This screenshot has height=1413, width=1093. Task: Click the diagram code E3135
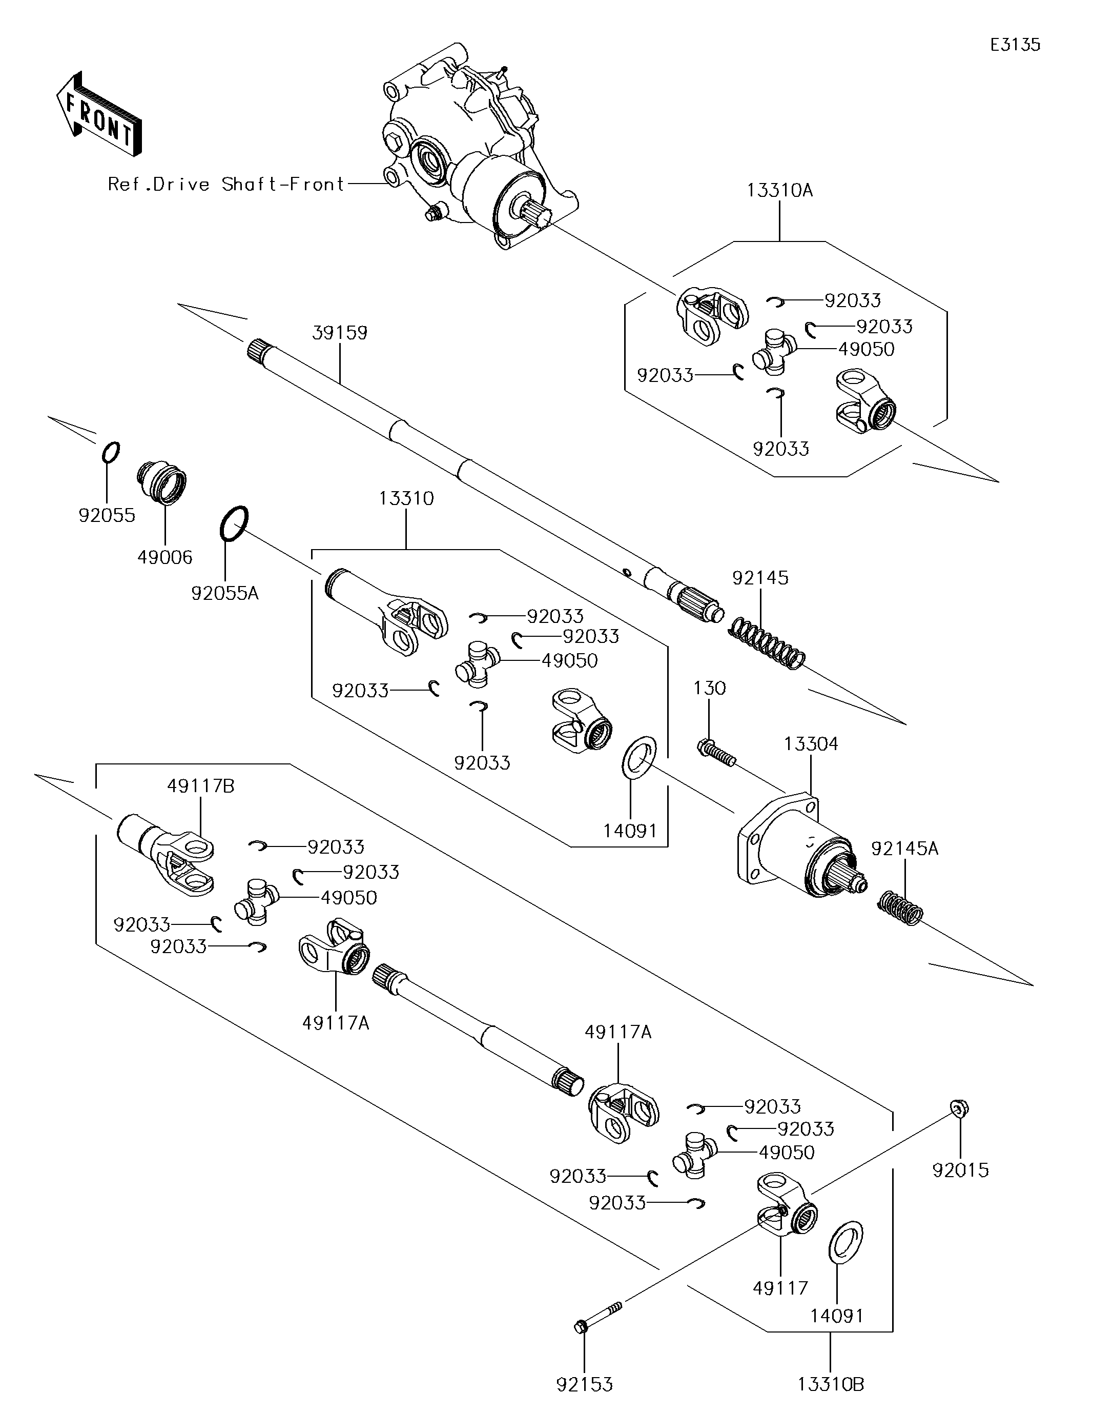tap(1016, 45)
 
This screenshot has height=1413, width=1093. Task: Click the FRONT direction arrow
tap(98, 114)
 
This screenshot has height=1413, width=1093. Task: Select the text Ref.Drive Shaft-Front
tap(226, 185)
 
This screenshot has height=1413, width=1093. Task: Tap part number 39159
tap(340, 333)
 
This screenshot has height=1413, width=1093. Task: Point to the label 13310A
tap(779, 191)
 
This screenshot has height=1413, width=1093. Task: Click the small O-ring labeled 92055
tap(111, 452)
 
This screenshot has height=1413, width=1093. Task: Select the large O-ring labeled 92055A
tap(234, 523)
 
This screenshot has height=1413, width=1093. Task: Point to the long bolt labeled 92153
tap(598, 1317)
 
